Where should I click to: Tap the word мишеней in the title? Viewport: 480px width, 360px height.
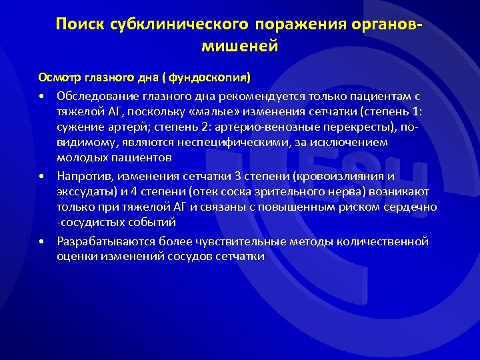pyautogui.click(x=239, y=47)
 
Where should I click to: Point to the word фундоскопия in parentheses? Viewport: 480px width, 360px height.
pyautogui.click(x=211, y=77)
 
